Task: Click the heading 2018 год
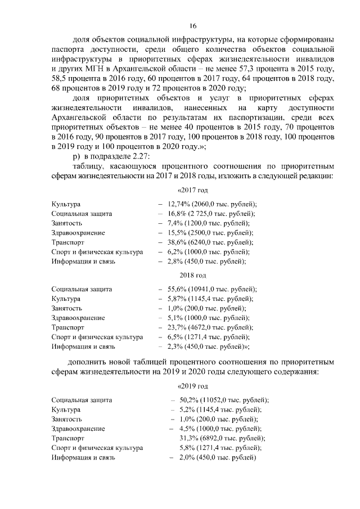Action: [192, 275]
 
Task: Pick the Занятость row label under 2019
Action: [66, 419]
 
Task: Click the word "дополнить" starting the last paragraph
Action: [92, 361]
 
